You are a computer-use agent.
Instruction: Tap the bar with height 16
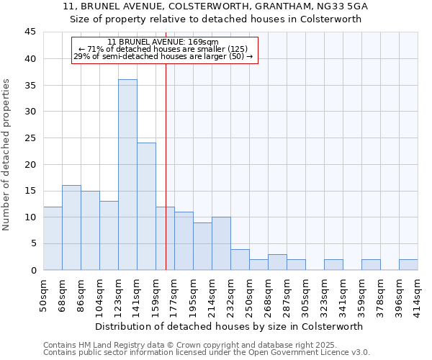(x=71, y=228)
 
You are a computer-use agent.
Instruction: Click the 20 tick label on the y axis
(x=30, y=164)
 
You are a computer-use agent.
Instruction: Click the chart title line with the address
(x=215, y=6)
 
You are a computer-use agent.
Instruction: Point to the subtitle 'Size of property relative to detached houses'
(x=215, y=19)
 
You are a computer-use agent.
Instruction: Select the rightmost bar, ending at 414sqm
(x=408, y=265)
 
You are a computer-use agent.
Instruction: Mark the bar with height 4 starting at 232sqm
(x=240, y=260)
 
